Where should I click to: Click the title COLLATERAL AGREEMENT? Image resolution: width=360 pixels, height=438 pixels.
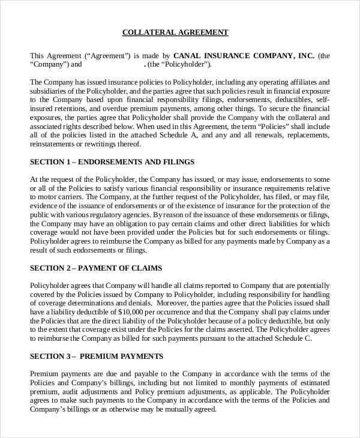point(175,32)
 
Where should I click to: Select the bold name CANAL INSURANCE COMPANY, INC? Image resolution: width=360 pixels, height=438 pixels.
point(244,55)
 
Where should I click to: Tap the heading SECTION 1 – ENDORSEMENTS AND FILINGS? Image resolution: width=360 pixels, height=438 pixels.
point(112,162)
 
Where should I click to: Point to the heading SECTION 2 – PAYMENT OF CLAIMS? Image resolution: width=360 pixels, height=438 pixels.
point(96,268)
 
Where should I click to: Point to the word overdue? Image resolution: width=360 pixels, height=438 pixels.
point(106,109)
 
